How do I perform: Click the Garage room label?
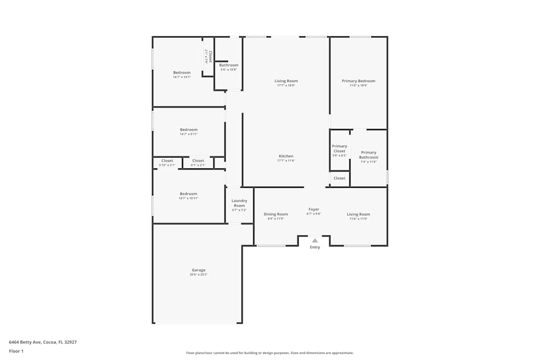pos(198,270)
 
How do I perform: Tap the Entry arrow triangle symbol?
pos(315,240)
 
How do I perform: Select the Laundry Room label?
pos(239,203)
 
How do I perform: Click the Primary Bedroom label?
pos(358,81)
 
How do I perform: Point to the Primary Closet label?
pos(340,148)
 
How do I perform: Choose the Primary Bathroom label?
pos(369,155)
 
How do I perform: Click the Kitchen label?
pos(286,157)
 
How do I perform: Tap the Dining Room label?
pos(275,214)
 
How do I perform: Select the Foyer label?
pos(314,209)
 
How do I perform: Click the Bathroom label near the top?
pos(228,65)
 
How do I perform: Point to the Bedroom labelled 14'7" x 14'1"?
pos(181,73)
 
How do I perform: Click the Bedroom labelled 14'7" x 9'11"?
pos(188,130)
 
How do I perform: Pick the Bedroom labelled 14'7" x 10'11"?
pos(188,194)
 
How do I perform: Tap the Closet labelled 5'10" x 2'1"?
pos(167,161)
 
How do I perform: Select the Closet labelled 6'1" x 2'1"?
pos(198,161)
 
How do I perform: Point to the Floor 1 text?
pos(16,351)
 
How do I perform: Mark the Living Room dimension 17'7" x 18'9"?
pos(287,85)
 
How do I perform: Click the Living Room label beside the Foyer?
pos(358,214)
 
